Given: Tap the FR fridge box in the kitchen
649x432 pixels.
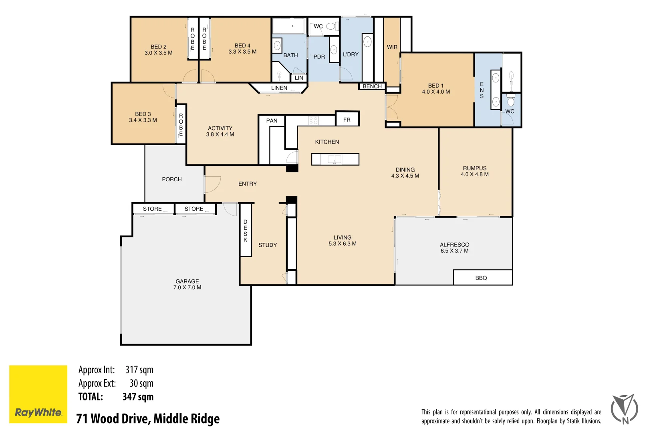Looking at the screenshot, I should tap(347, 119).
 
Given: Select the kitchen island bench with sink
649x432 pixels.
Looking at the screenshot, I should tap(335, 159).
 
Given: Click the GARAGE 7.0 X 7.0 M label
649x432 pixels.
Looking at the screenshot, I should tap(187, 284).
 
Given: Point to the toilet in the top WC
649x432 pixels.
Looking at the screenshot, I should tap(331, 26).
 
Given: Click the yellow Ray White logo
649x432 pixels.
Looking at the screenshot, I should tap(38, 394).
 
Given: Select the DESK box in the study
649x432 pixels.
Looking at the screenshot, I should tap(246, 230).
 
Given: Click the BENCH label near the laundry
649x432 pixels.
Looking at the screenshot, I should tap(372, 86).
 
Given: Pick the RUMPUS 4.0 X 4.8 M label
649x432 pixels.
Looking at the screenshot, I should tap(475, 171).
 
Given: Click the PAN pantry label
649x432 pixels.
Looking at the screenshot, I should tap(272, 120).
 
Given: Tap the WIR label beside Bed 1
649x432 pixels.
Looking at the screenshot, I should tap(392, 47).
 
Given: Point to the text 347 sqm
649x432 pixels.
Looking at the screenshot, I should tap(138, 397).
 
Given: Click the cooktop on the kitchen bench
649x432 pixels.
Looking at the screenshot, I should tap(313, 120).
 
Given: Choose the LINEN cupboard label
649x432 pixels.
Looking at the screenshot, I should tap(279, 88).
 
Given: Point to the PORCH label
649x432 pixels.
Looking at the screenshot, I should tap(172, 179).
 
